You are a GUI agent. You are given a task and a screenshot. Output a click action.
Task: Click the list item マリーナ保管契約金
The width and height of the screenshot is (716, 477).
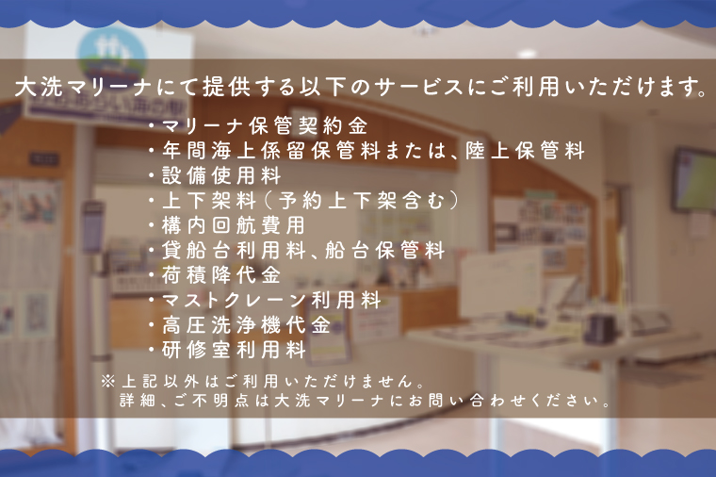tap(265, 126)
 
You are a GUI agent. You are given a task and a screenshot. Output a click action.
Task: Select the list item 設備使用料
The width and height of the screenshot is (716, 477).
tap(221, 176)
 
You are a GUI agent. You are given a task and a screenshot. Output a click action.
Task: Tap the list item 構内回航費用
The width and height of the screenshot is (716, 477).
tap(234, 225)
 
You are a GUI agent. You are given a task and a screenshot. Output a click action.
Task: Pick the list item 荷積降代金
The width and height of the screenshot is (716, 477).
tap(221, 275)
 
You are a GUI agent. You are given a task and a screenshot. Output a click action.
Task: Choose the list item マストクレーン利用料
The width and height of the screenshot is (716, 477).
tap(271, 300)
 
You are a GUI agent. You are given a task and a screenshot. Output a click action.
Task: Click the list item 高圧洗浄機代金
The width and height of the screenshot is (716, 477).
tap(246, 325)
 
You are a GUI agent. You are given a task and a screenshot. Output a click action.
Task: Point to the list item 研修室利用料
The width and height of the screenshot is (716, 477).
tap(234, 350)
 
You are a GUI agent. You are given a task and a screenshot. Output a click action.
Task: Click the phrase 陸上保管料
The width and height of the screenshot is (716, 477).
tap(525, 151)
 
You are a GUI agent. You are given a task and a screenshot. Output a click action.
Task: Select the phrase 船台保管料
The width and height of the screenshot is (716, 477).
tap(385, 251)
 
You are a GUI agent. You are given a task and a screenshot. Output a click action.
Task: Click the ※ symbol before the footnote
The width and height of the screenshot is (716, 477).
tap(107, 381)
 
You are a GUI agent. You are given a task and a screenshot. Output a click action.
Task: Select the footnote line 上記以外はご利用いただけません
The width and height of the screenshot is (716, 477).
tap(268, 381)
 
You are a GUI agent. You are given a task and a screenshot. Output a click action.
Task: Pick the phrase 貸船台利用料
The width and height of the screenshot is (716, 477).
tap(234, 251)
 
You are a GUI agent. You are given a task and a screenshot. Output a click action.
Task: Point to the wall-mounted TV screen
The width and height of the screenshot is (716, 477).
tap(694, 179)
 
